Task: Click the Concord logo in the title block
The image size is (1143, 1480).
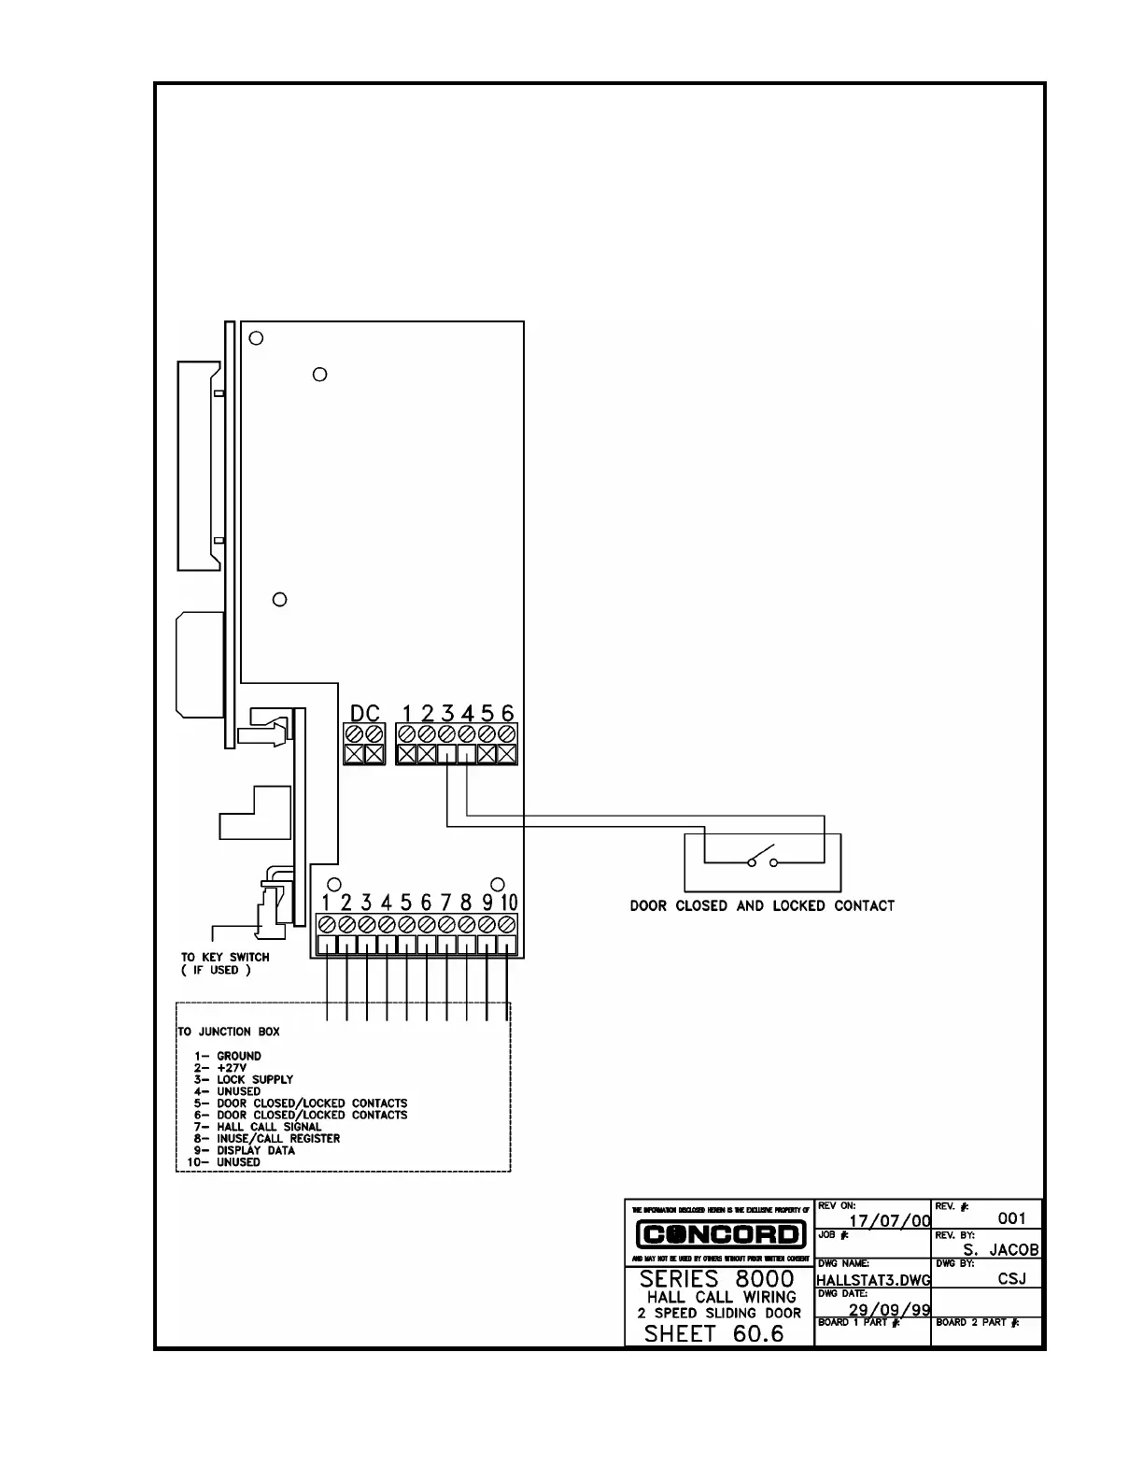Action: coord(720,1234)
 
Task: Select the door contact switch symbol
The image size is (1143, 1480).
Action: coord(762,856)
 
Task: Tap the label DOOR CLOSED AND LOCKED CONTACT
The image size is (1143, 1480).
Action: coord(762,905)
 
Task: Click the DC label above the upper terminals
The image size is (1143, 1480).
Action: coord(364,713)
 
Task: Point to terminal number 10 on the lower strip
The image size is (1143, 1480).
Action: coord(508,903)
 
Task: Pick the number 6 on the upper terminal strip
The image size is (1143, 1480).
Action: coord(507,713)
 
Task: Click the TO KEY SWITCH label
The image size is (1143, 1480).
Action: coord(225,957)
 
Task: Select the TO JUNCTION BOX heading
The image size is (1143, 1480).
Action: coord(229,1032)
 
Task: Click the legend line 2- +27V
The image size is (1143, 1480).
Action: coord(220,1067)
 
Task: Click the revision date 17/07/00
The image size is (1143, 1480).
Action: coord(889,1220)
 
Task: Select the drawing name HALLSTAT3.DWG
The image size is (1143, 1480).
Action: coord(873,1280)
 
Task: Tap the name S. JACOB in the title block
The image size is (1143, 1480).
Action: coord(1000,1250)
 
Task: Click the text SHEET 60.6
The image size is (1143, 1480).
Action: coord(714,1333)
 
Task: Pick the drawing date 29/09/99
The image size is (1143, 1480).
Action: coord(889,1310)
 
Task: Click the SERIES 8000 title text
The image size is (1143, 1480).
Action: coord(717,1278)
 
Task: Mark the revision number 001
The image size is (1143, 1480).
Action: coord(1011,1218)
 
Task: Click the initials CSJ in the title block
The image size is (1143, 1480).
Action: coord(1011,1279)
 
